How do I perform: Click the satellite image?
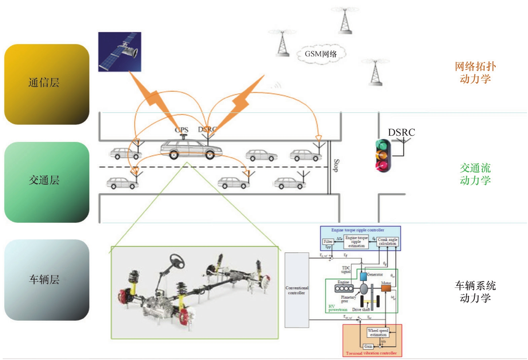pos(120,52)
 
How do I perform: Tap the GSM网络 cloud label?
pos(321,54)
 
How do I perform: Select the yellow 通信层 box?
pos(47,84)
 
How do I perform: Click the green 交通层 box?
pos(47,182)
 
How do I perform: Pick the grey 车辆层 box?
pos(47,280)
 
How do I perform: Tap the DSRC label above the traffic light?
pos(401,132)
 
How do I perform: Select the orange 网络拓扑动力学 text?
pos(475,73)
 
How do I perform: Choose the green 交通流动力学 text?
pos(475,174)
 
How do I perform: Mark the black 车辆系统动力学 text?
pos(475,292)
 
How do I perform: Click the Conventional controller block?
pos(297,290)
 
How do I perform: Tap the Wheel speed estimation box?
pos(378,332)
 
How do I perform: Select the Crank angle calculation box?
pos(387,241)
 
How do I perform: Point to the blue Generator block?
pos(363,277)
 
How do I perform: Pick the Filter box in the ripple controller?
pos(328,241)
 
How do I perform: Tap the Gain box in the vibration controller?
pos(368,346)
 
